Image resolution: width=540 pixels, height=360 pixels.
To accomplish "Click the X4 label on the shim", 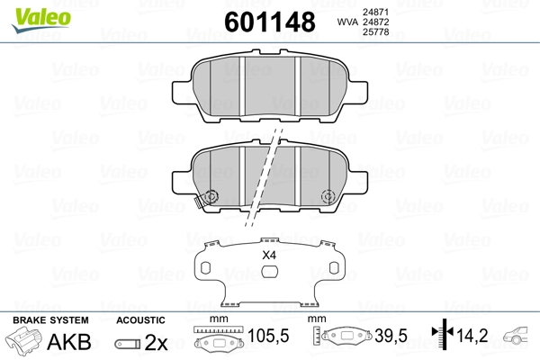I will point(268,256).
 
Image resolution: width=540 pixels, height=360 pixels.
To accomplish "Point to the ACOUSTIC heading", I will point(141,319).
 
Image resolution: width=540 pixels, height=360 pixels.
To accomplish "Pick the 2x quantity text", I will point(157,341).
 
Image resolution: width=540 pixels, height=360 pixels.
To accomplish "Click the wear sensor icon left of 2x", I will point(128,343).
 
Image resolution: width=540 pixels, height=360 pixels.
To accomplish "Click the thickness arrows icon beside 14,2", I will point(442,337).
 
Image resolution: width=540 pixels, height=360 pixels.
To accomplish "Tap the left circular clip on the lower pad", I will point(211,197).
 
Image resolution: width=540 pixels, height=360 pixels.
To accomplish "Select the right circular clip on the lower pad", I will point(329,197).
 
